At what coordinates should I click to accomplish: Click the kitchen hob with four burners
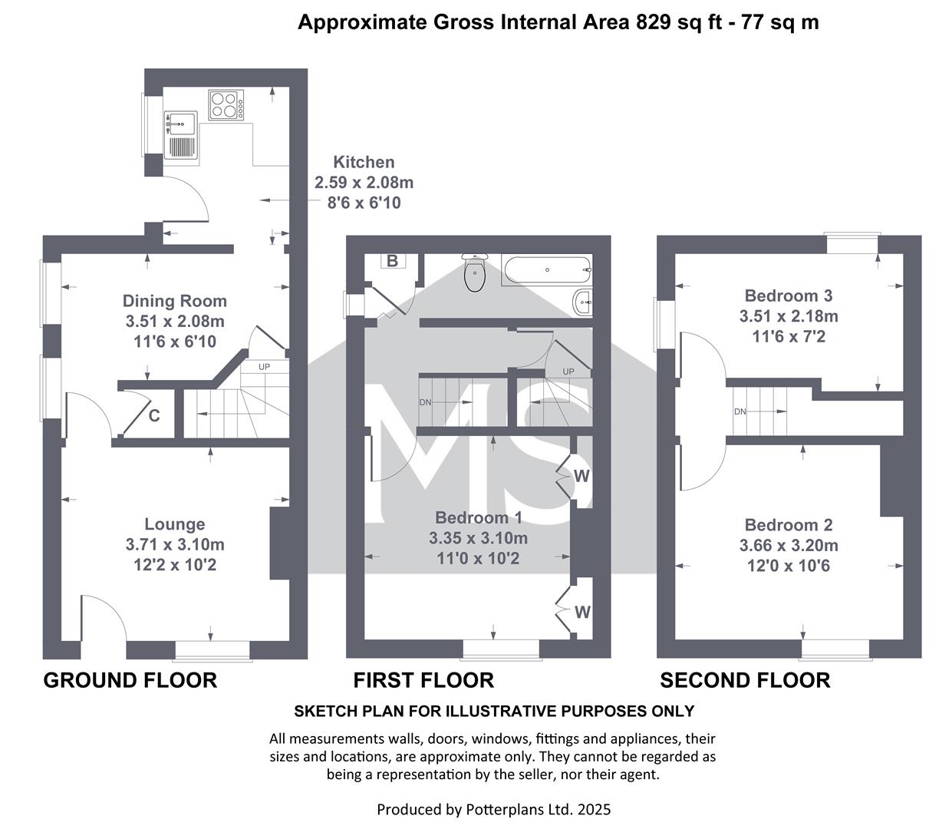tap(226, 105)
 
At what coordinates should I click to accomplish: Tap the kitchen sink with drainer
tap(181, 135)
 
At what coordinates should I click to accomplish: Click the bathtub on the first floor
tap(546, 269)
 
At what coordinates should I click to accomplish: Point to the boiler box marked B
tap(392, 261)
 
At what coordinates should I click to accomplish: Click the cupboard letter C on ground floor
tap(154, 415)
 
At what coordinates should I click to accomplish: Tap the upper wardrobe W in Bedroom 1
tap(581, 476)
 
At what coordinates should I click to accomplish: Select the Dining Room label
tap(174, 301)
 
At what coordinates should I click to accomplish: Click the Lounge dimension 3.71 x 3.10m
tap(175, 544)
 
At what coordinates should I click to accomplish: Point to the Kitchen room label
tap(364, 162)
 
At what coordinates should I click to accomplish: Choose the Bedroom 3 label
tap(788, 296)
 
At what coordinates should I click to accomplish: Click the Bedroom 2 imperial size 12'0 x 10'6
tap(788, 566)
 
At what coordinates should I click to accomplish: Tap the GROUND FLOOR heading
tap(130, 681)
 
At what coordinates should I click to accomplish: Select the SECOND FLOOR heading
tap(745, 681)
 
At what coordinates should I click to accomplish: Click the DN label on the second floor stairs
tap(740, 411)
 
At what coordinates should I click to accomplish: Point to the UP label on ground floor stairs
tap(265, 367)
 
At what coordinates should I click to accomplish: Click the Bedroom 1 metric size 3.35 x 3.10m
tap(479, 538)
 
